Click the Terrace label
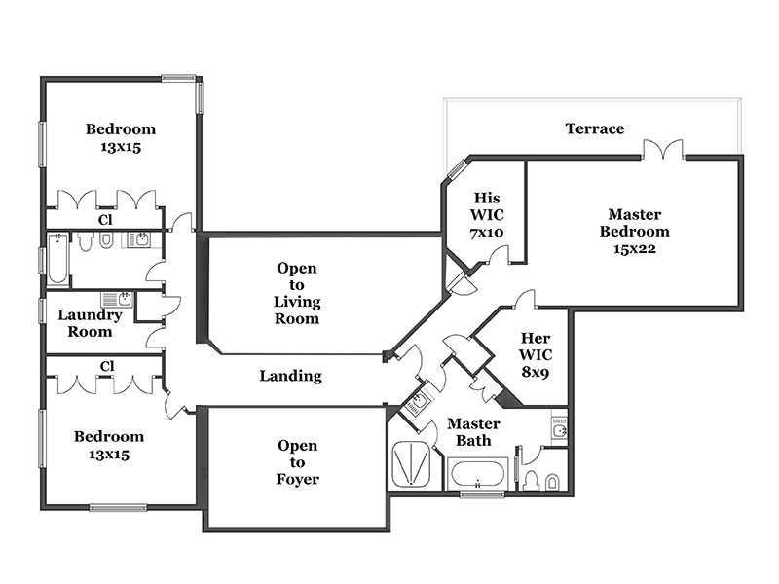(x=595, y=128)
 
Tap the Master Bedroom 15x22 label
(x=635, y=232)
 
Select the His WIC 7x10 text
(x=487, y=215)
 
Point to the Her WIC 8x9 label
(x=536, y=355)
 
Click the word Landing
(x=290, y=376)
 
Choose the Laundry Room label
(x=90, y=323)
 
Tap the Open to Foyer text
(x=298, y=462)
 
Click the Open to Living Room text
(x=297, y=293)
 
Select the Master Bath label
(x=473, y=432)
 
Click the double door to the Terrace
(x=663, y=150)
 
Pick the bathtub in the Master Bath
(x=477, y=475)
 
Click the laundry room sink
(x=117, y=300)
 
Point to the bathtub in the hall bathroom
(x=57, y=259)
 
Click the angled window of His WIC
(x=457, y=169)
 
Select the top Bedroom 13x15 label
(x=121, y=137)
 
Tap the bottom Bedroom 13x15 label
(x=109, y=445)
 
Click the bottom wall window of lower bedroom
(x=118, y=507)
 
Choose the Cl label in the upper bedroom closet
(x=105, y=220)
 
